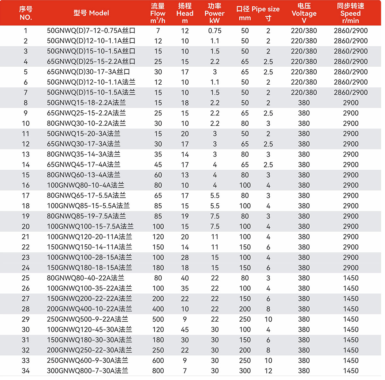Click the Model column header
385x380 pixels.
coord(91,13)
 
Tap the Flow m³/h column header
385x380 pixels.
coord(158,13)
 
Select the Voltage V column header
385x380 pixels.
coord(304,13)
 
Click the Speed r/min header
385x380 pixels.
coord(350,13)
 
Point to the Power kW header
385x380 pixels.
coord(214,13)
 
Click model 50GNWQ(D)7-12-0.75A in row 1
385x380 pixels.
coord(91,31)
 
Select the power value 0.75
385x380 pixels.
coord(215,31)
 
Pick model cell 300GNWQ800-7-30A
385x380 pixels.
coord(87,371)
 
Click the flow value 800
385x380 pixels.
coord(158,371)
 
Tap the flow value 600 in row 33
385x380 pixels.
coord(158,360)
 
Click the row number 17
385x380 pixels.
coord(26,196)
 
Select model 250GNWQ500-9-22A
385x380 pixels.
coord(87,319)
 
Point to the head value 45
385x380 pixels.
coord(185,329)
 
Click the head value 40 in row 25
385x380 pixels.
coord(185,278)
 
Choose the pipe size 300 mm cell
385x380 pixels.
coord(245,371)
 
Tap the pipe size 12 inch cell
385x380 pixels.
coord(268,371)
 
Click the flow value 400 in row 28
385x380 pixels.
coord(158,309)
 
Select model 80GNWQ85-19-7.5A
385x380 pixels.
coord(86,216)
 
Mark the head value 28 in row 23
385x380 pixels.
coord(185,257)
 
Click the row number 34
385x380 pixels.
coord(26,371)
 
